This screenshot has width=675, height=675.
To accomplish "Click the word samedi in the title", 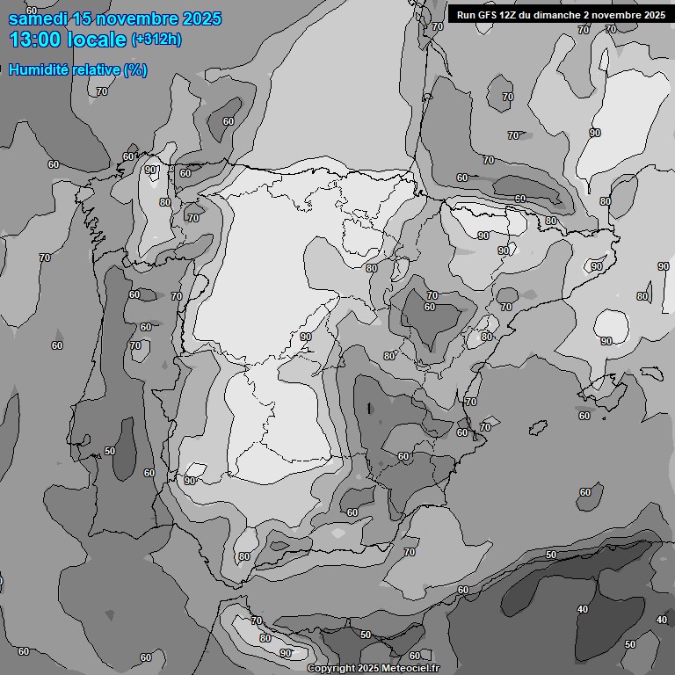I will (34, 18).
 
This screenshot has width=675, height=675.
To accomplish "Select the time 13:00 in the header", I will (34, 40).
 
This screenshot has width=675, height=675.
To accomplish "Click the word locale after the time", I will (97, 40).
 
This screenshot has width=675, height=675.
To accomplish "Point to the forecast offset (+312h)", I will (156, 40).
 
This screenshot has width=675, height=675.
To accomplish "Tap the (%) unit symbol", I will (135, 69).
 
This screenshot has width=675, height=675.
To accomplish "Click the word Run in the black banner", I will (466, 14).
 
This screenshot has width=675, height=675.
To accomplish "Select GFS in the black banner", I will (487, 14).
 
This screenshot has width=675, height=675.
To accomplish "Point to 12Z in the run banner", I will (509, 14).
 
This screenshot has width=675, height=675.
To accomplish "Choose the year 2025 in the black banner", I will (652, 14).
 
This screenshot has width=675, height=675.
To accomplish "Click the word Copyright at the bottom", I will (333, 669).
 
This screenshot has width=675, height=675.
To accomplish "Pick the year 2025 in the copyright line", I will (372, 669).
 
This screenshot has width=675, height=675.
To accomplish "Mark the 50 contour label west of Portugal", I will (109, 451).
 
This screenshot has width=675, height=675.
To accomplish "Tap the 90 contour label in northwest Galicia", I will (150, 171).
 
